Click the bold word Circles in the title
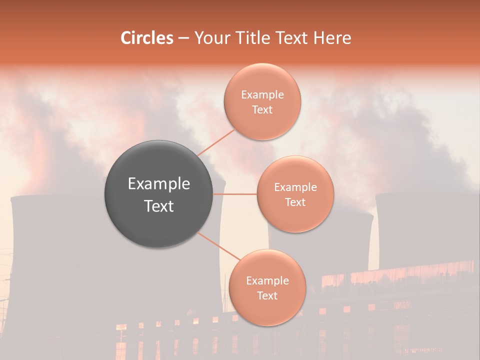(x=146, y=38)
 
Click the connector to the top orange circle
(x=216, y=142)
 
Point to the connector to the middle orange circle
(x=235, y=194)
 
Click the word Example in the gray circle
(x=159, y=184)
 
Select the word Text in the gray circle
(x=159, y=206)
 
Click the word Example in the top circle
(x=262, y=95)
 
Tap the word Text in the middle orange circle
(x=295, y=202)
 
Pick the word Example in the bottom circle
(x=267, y=281)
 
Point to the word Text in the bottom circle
(x=267, y=295)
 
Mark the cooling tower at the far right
(x=425, y=230)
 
